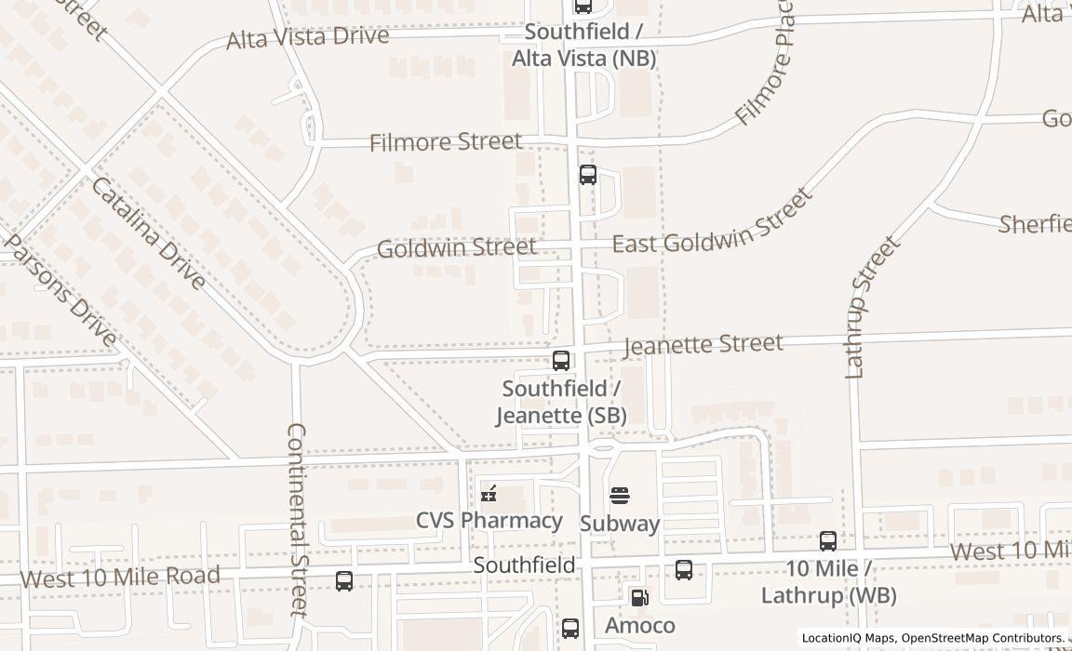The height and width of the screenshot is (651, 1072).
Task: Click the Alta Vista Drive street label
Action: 308,38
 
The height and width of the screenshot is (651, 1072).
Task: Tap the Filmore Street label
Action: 446,142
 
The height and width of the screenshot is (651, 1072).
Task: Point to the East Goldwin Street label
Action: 713,220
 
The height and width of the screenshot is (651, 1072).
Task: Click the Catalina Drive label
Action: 148,232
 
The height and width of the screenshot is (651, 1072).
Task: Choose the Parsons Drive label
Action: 61,290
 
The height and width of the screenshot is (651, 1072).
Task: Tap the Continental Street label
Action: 297,519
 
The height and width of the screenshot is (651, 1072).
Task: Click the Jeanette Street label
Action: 703,344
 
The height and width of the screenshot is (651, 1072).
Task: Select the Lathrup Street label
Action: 872,307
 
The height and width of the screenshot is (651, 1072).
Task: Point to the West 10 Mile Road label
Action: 120,577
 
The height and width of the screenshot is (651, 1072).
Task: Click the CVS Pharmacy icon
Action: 489,494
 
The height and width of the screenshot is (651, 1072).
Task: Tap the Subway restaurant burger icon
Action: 620,496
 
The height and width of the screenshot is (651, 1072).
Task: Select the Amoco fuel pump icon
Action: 639,598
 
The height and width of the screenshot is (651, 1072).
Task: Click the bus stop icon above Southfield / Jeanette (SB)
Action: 561,361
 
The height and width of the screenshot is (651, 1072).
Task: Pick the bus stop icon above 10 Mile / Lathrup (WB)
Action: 827,540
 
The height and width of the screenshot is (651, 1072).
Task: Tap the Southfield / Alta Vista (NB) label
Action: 584,45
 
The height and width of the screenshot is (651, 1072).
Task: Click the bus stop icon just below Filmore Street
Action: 588,174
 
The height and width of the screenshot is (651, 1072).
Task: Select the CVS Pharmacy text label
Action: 489,520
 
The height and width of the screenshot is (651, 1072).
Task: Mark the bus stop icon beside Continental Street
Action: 344,581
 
